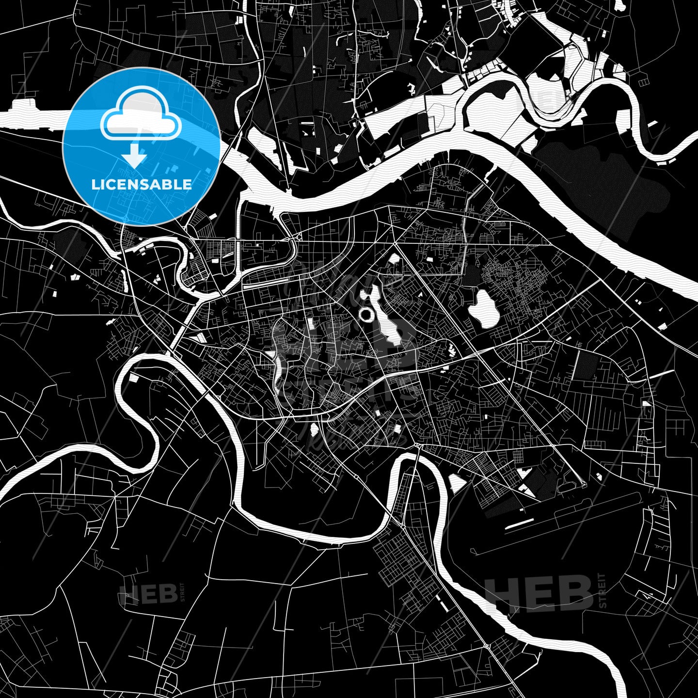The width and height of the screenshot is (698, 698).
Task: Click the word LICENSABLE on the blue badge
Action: (x=142, y=184)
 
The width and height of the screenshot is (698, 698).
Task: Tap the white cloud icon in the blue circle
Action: (x=141, y=119)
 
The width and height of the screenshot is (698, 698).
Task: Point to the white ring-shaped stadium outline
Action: (x=366, y=315)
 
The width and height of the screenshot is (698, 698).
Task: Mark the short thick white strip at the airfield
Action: (x=520, y=523)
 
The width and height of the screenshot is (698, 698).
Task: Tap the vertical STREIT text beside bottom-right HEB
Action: (x=603, y=590)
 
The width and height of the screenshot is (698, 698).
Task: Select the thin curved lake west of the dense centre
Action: (x=277, y=368)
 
